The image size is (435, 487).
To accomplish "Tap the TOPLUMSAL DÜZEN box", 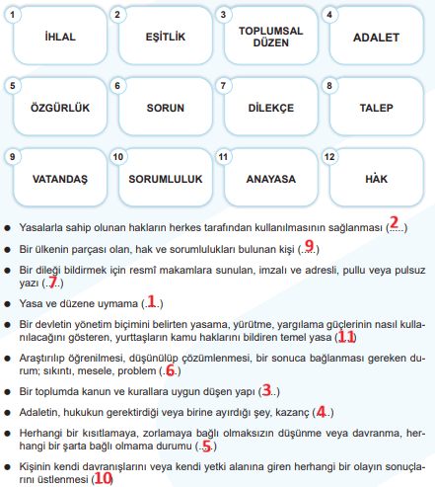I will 268,37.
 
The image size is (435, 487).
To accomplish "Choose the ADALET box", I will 377,37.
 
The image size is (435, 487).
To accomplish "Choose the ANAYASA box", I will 268,179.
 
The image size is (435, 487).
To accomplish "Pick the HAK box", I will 377,179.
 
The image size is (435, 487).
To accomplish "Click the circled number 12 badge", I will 331,156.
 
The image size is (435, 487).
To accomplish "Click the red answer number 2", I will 393,224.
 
